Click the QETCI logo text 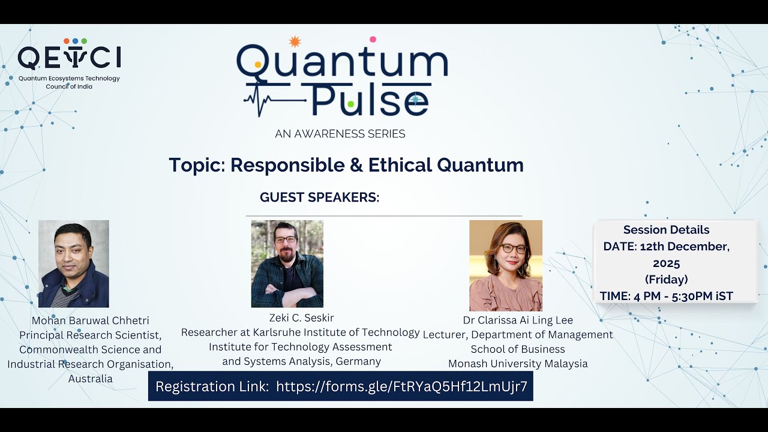click(69, 58)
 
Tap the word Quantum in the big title click(342, 63)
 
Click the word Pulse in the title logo click(369, 100)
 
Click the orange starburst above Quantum click(294, 41)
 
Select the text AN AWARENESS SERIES click(340, 134)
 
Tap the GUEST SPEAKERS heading click(319, 197)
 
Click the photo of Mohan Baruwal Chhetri click(74, 263)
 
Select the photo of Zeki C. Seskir click(287, 263)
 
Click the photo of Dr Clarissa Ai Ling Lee click(505, 265)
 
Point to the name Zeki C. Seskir click(302, 317)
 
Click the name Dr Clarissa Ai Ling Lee click(518, 320)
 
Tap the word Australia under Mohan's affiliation click(90, 379)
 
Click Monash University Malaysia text click(518, 364)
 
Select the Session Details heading click(666, 230)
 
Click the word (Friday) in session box click(666, 279)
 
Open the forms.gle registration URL click(401, 386)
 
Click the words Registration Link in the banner click(212, 386)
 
